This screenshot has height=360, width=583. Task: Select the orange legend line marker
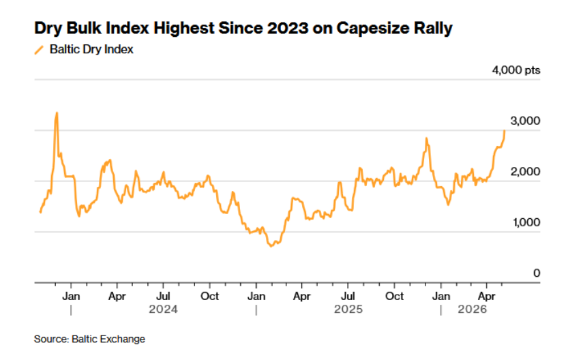tap(39, 50)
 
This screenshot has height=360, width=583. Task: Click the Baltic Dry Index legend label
tap(91, 50)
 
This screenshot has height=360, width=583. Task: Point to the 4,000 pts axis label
tap(516, 70)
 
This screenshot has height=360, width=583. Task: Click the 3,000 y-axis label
tap(525, 121)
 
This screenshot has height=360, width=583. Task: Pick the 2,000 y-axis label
tap(525, 172)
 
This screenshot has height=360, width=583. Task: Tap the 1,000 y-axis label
tap(526, 222)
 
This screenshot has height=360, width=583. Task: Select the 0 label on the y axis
tap(537, 273)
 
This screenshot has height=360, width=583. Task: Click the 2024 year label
tap(163, 310)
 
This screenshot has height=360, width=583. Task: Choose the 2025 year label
tap(348, 310)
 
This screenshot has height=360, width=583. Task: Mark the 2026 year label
tap(473, 310)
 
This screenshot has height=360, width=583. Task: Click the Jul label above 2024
tap(163, 297)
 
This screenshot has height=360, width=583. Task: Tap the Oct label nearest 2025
tap(394, 297)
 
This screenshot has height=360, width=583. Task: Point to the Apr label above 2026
tap(487, 297)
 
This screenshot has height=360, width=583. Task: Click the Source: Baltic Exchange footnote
tap(89, 339)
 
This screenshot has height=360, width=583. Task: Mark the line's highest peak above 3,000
tap(57, 112)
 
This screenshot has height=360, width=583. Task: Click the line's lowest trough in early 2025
tap(271, 246)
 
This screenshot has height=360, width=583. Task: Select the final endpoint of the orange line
tap(504, 130)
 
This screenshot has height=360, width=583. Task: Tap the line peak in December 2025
tap(426, 138)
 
